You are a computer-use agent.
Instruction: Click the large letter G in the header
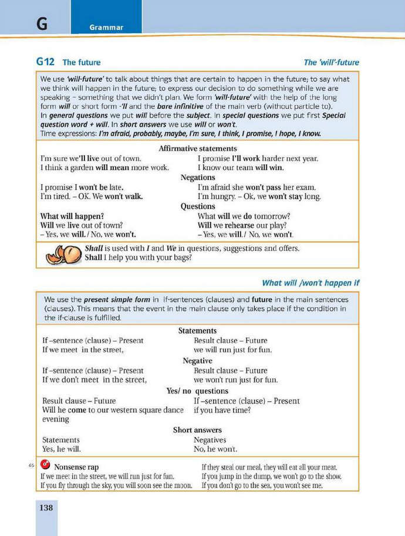tap(41, 24)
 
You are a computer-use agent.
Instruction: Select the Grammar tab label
tap(106, 28)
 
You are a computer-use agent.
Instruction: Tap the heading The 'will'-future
tap(331, 62)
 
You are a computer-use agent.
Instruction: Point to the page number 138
tap(46, 507)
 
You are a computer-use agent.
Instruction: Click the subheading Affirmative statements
tap(198, 148)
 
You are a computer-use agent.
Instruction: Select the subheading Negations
tap(198, 177)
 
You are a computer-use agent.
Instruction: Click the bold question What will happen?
tap(72, 216)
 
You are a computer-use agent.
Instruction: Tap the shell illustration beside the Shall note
tap(62, 254)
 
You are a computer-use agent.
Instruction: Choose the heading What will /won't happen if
tap(310, 283)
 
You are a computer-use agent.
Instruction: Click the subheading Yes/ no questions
tap(198, 391)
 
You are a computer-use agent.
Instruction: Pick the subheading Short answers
tap(198, 430)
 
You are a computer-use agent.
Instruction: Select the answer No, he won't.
tap(215, 449)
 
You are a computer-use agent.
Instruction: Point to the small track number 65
tap(31, 466)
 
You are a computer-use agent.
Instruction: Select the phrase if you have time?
tap(222, 410)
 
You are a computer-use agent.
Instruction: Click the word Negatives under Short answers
tap(210, 440)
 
